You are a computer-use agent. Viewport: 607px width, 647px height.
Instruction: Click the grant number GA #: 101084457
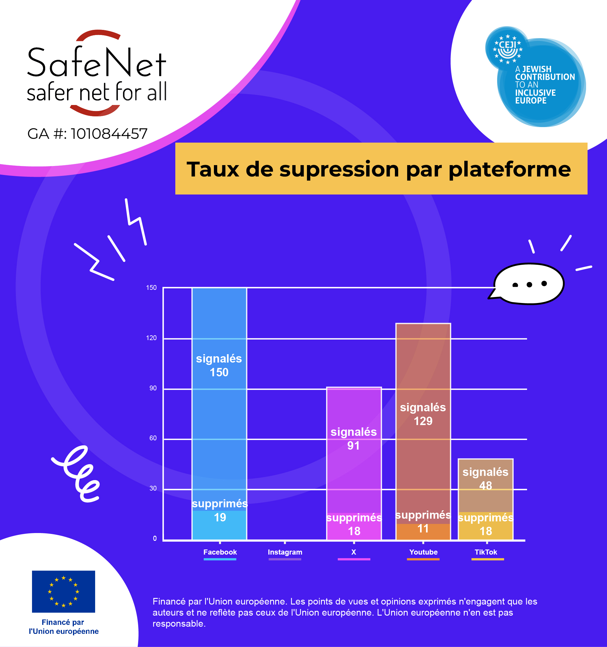tap(87, 134)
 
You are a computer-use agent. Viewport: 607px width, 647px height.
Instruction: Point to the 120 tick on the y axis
tap(151, 338)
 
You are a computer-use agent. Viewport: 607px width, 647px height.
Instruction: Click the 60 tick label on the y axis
tap(153, 438)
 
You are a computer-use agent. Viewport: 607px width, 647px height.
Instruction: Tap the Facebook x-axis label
tap(220, 552)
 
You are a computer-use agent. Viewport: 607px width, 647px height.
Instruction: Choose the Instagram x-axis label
tap(285, 552)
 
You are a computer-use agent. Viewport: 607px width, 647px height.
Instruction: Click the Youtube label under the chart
tap(423, 552)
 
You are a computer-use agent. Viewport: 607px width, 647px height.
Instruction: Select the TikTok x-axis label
tap(486, 552)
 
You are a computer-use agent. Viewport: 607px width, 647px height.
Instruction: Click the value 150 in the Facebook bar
tap(219, 372)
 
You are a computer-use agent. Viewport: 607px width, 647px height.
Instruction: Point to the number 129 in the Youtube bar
tap(423, 421)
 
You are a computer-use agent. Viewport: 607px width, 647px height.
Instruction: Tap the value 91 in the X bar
tap(353, 446)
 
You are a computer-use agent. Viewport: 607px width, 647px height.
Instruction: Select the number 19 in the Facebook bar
tap(220, 517)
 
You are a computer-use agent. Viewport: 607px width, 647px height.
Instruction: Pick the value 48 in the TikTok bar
tap(486, 485)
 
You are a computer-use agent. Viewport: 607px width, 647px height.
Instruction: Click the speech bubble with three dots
tap(529, 284)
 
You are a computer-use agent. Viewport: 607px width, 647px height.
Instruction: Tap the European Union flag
tap(63, 591)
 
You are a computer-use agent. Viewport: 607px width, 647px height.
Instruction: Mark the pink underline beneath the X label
tap(354, 559)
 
